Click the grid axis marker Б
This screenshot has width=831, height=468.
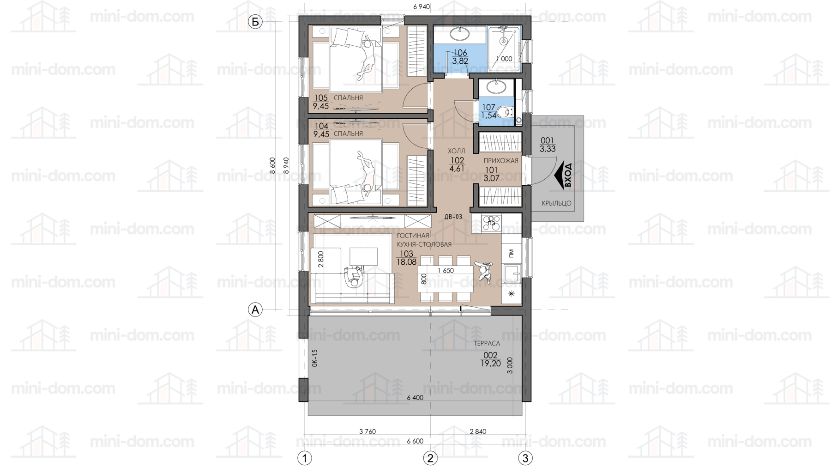click(x=255, y=22)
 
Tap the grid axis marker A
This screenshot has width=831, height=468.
click(x=255, y=310)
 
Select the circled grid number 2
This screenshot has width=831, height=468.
click(x=430, y=458)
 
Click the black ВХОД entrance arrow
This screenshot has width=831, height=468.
click(x=564, y=176)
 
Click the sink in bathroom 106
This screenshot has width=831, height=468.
click(x=460, y=33)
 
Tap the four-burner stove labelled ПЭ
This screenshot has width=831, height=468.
click(x=491, y=223)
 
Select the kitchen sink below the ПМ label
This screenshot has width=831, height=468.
click(x=511, y=274)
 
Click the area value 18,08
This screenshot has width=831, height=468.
click(x=406, y=262)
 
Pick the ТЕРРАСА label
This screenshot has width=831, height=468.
click(x=487, y=343)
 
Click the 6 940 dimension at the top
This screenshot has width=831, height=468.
click(x=422, y=6)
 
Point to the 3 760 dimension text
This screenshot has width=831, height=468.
click(x=367, y=432)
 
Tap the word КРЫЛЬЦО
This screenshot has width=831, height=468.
click(x=556, y=203)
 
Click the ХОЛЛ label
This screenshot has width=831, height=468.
click(x=456, y=151)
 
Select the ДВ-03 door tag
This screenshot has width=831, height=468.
click(x=453, y=217)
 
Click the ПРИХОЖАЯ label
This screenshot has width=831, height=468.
click(x=501, y=161)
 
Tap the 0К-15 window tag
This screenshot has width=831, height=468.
click(x=314, y=358)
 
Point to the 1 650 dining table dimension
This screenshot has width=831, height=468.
click(x=446, y=271)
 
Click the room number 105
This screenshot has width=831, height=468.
click(x=320, y=98)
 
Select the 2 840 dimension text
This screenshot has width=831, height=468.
click(x=478, y=432)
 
